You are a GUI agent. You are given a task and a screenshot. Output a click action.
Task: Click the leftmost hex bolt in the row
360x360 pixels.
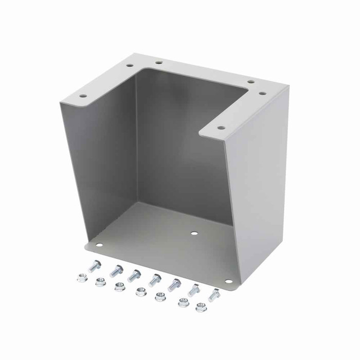click(x=95, y=266)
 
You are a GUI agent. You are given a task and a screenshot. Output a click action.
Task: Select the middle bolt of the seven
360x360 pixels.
click(x=155, y=280)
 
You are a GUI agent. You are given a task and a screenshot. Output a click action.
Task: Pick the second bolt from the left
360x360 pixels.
click(x=116, y=271)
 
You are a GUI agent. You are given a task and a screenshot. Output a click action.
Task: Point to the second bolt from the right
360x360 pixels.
click(x=194, y=290)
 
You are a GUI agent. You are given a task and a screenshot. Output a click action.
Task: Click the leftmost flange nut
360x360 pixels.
click(x=82, y=278)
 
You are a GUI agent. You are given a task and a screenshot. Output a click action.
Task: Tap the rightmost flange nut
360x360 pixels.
click(x=201, y=308)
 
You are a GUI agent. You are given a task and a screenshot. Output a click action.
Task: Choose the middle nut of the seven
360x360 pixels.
click(x=140, y=293)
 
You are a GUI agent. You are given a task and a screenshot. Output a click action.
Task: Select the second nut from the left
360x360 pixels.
click(x=100, y=282)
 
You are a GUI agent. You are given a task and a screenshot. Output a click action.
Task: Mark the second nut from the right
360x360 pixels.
click(x=183, y=302)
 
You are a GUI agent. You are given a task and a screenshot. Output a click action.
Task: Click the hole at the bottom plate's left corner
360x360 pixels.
click(x=100, y=245)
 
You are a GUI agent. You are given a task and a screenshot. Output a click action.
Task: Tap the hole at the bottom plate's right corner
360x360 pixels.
click(x=228, y=282)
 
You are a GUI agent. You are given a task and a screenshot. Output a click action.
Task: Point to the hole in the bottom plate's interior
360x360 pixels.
click(x=194, y=233)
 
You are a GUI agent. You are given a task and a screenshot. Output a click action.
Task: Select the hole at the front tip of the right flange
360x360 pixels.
click(x=221, y=128)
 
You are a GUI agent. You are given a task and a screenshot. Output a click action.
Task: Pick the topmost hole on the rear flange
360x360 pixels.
click(x=159, y=62)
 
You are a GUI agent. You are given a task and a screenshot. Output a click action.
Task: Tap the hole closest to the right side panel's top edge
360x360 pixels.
click(x=262, y=93)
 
